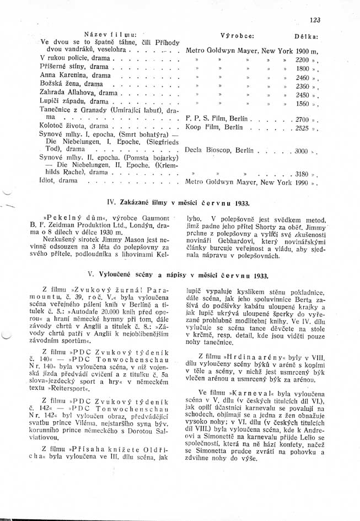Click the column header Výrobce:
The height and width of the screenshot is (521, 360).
(x=237, y=34)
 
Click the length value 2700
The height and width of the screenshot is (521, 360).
(x=303, y=119)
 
